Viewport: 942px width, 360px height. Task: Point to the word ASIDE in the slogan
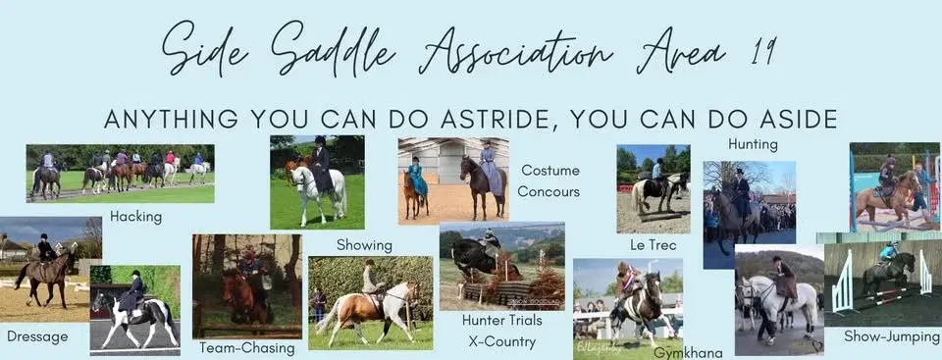click(786, 119)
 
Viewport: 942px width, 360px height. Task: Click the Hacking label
click(136, 216)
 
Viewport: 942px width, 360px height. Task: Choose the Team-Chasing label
click(246, 347)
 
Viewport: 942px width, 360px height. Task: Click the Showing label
click(364, 244)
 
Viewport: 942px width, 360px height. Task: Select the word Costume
click(549, 170)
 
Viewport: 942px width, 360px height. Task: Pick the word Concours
click(549, 191)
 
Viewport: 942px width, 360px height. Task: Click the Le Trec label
click(653, 244)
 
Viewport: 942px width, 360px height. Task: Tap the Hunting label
click(753, 144)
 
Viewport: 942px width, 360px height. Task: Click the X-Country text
click(500, 341)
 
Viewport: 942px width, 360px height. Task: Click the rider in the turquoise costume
click(417, 179)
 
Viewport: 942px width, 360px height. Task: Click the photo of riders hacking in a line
click(120, 173)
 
